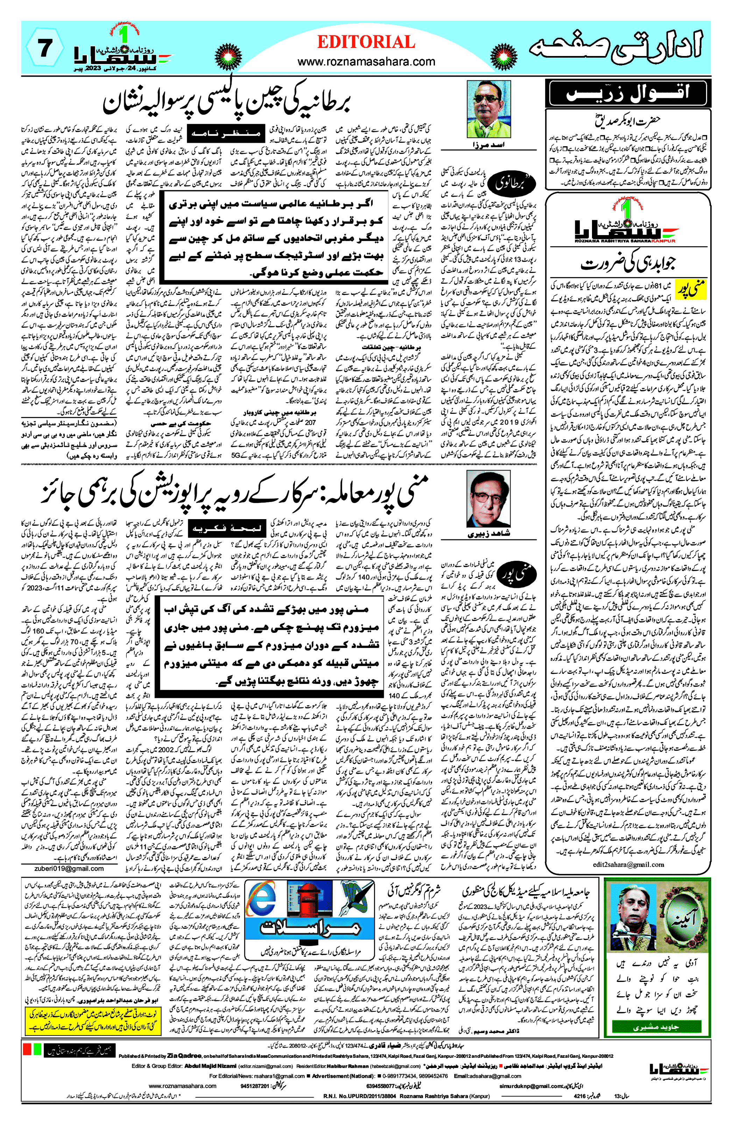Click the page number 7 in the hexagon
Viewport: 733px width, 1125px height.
44,49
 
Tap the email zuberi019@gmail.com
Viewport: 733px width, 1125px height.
69,868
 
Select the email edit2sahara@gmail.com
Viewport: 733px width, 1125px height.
628,864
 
